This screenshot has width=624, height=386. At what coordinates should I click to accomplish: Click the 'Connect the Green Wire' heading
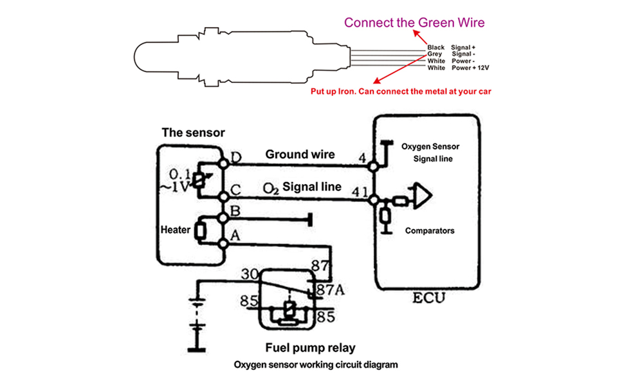[414, 23]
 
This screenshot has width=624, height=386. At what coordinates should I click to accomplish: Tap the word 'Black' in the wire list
[436, 48]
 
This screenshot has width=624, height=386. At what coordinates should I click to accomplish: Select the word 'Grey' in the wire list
[435, 54]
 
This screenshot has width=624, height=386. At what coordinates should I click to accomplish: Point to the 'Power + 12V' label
[470, 68]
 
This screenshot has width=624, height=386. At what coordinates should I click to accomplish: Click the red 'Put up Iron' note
[401, 91]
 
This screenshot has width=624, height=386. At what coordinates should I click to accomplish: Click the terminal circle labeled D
[224, 163]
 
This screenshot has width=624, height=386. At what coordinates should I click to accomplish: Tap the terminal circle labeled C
[224, 197]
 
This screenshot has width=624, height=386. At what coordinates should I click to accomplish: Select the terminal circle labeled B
[223, 218]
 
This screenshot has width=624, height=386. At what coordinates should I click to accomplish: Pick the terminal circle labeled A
[223, 244]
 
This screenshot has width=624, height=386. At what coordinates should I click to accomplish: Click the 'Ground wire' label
[300, 154]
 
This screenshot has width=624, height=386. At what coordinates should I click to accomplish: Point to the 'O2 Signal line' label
[302, 187]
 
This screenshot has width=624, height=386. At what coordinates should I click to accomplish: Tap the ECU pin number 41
[360, 192]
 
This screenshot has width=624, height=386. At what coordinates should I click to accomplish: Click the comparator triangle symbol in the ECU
[423, 196]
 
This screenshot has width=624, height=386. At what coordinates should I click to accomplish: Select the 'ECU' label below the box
[428, 298]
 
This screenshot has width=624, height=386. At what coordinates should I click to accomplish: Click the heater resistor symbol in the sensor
[200, 232]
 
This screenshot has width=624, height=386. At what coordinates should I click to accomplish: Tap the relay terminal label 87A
[330, 289]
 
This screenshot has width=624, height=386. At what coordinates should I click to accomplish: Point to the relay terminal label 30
[250, 274]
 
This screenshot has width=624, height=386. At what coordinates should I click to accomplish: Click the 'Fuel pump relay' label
[311, 348]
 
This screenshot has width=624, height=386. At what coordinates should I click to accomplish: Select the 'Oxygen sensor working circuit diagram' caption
[316, 365]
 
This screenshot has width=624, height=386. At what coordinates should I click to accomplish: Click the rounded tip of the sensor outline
[134, 57]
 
